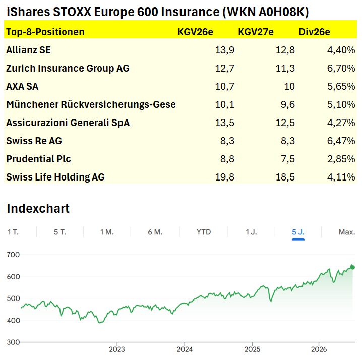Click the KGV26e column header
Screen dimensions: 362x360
pyautogui.click(x=195, y=32)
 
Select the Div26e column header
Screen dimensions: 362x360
pyautogui.click(x=314, y=32)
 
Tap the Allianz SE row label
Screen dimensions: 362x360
pyautogui.click(x=28, y=50)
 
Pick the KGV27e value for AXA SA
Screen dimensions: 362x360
pyautogui.click(x=289, y=86)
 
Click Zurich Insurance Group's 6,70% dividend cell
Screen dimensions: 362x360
pyautogui.click(x=341, y=69)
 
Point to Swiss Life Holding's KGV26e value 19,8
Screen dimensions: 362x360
pyautogui.click(x=225, y=177)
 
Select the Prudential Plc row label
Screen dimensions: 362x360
pyautogui.click(x=38, y=159)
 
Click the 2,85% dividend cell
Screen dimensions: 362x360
pyautogui.click(x=341, y=159)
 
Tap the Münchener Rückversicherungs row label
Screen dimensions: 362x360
pyautogui.click(x=91, y=104)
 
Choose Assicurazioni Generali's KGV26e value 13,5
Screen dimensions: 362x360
pyautogui.click(x=225, y=123)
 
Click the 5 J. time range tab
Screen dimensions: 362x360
pyautogui.click(x=298, y=232)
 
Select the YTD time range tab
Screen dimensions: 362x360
pyautogui.click(x=204, y=232)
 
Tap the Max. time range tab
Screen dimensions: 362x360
pyautogui.click(x=347, y=232)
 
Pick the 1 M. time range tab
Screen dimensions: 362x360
pyautogui.click(x=107, y=232)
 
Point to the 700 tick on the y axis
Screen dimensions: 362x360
pyautogui.click(x=13, y=255)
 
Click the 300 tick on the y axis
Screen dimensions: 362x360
pyautogui.click(x=13, y=342)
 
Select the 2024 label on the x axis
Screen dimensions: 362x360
pyautogui.click(x=185, y=349)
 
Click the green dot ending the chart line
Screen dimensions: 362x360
pyautogui.click(x=352, y=267)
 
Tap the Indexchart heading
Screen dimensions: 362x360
pyautogui.click(x=38, y=209)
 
